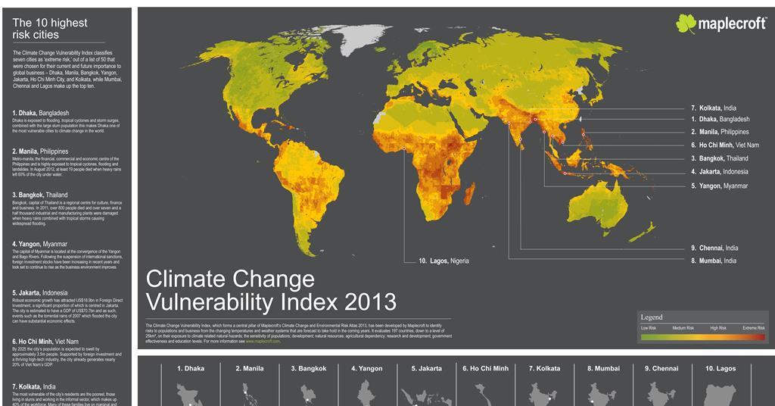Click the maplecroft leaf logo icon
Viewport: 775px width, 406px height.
(x=686, y=24)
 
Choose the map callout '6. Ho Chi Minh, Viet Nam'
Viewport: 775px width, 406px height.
(x=724, y=145)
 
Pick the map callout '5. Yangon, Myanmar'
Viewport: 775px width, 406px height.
(x=719, y=186)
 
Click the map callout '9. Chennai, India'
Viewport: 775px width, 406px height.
(x=714, y=248)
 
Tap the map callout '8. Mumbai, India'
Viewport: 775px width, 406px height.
(x=713, y=261)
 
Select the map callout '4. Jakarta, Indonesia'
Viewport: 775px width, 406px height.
(x=719, y=172)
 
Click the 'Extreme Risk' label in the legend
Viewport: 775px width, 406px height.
(x=753, y=328)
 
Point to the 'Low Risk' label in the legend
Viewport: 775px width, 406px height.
(x=649, y=328)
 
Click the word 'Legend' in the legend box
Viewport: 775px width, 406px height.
(x=652, y=317)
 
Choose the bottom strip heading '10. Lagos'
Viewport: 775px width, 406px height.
(x=720, y=369)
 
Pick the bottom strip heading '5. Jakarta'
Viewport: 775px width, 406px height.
(x=425, y=369)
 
